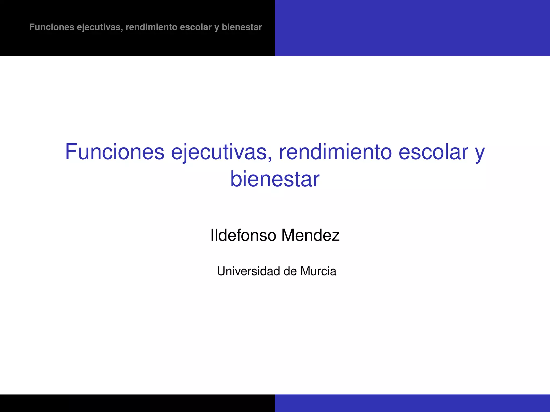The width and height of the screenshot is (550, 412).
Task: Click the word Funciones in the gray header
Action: (52, 27)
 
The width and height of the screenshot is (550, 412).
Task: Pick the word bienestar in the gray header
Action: (242, 27)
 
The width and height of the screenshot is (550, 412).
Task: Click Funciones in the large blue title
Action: (115, 152)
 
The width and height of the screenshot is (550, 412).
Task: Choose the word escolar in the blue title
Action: (433, 152)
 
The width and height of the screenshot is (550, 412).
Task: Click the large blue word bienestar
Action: (275, 179)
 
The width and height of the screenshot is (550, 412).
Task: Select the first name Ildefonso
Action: (243, 235)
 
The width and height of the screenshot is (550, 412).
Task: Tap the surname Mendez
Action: (310, 235)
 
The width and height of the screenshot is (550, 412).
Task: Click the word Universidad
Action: (248, 271)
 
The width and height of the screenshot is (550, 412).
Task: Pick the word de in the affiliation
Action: (290, 271)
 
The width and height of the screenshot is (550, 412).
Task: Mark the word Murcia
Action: (318, 271)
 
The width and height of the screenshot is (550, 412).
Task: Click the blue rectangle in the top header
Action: (412, 28)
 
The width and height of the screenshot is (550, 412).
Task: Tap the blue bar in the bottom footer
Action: (412, 403)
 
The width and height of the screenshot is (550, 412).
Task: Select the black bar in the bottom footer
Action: (137, 403)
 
